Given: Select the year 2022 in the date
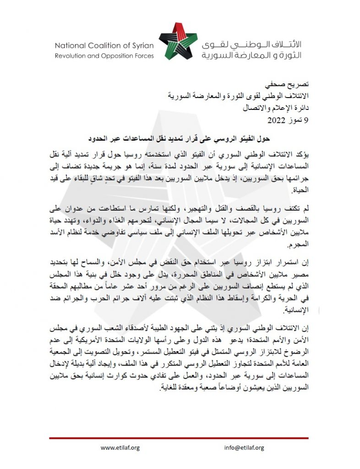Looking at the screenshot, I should tap(277, 121).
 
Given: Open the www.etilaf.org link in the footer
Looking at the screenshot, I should tap(120, 447).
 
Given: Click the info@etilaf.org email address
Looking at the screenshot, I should tap(244, 447).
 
